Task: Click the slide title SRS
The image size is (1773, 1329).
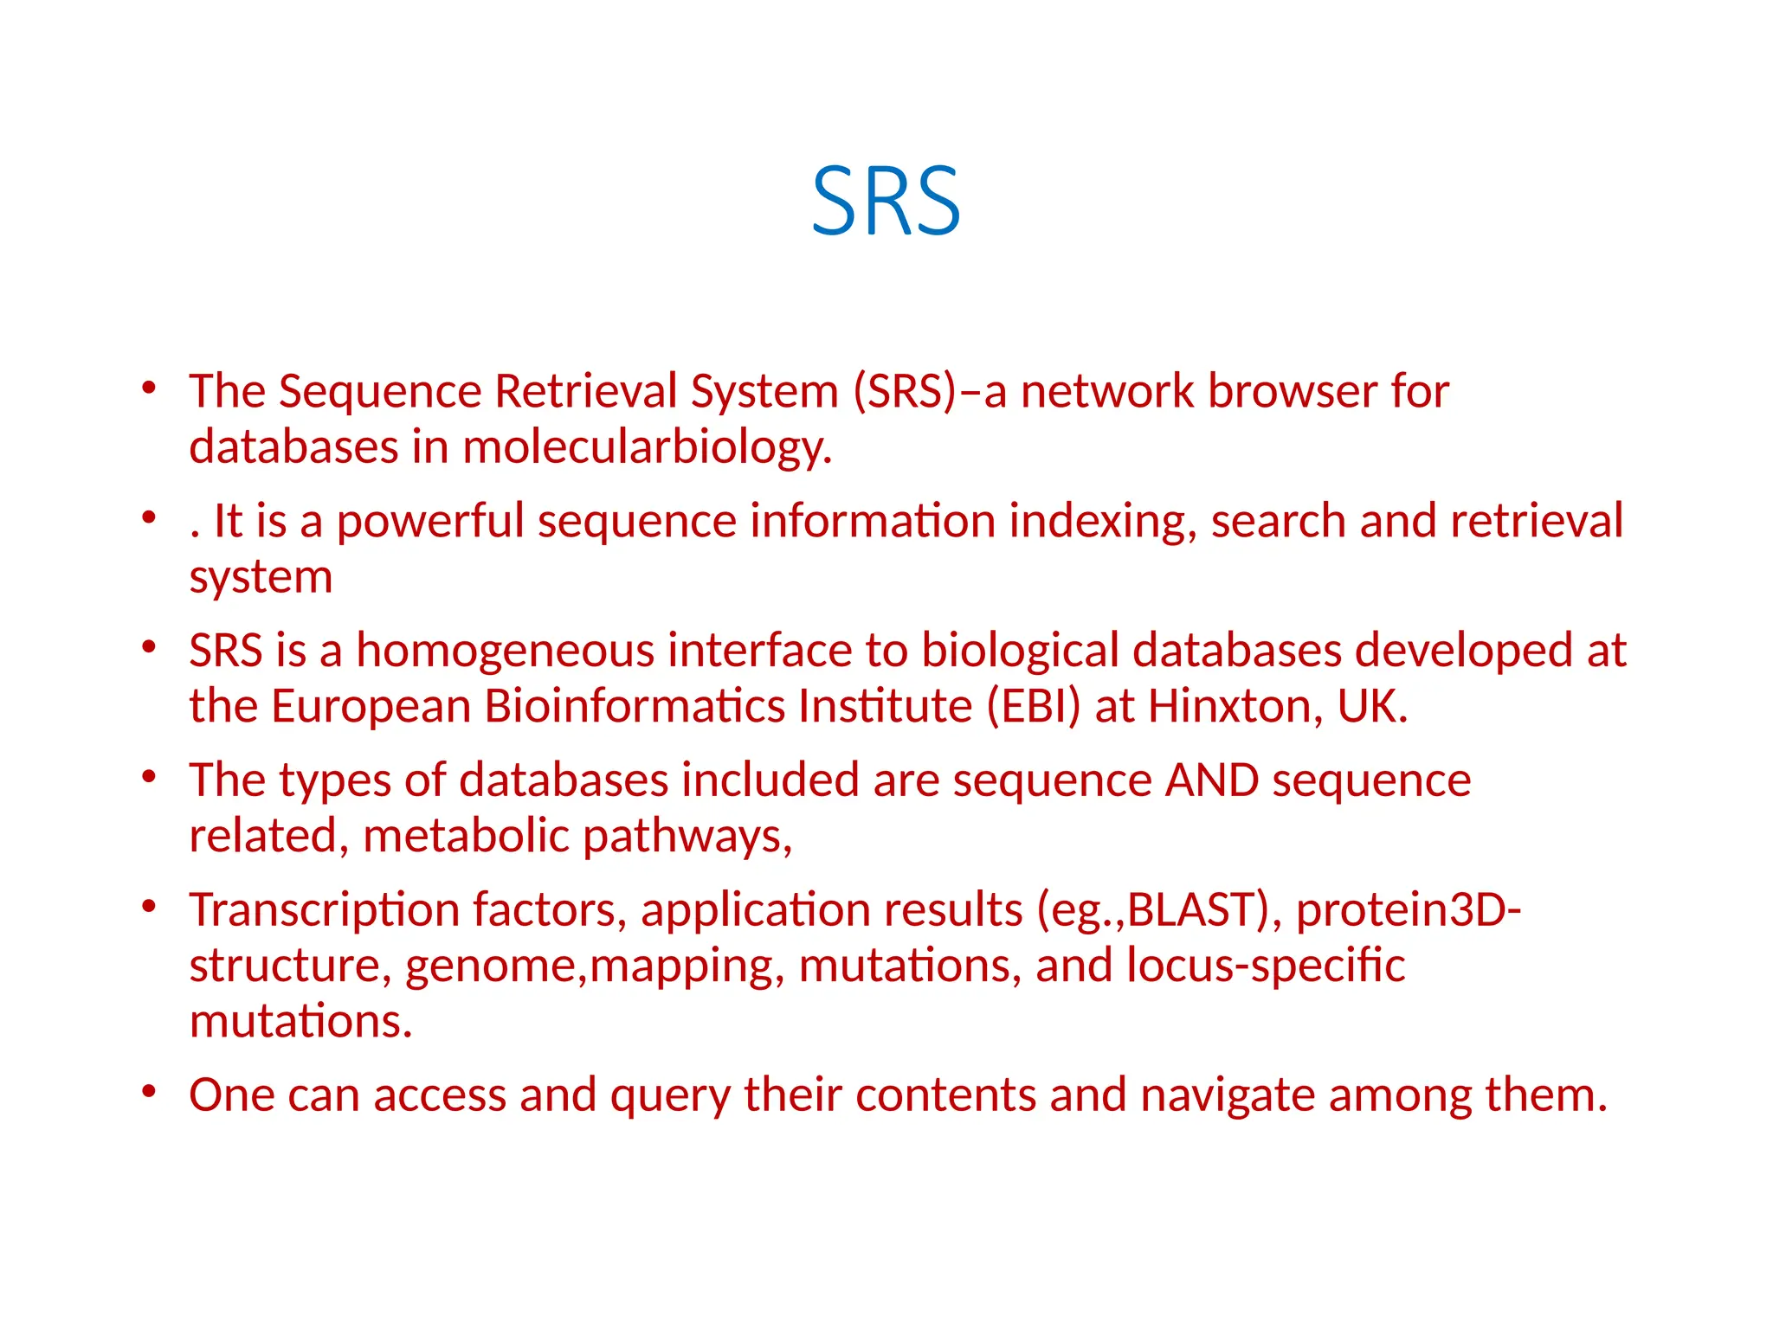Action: point(886,202)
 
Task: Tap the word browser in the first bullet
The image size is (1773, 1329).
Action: point(1293,391)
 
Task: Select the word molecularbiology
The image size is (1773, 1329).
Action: point(647,448)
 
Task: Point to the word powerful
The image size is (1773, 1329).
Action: point(430,522)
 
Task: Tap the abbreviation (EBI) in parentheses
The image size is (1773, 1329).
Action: point(1034,706)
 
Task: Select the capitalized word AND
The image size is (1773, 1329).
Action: point(1212,780)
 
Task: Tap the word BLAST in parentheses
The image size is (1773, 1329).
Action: point(1193,910)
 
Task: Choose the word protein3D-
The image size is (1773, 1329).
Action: point(1409,910)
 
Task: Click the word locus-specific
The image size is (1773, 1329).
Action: point(1266,966)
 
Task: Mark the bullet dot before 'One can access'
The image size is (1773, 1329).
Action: point(149,1091)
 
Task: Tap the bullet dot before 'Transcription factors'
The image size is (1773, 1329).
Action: point(149,906)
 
